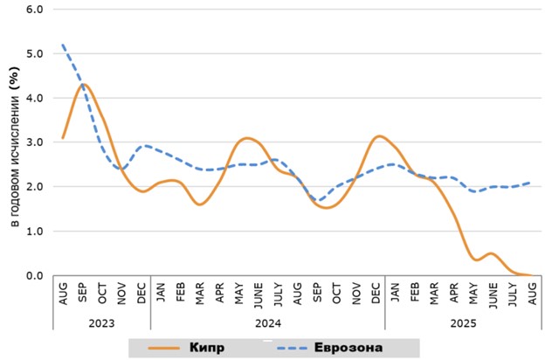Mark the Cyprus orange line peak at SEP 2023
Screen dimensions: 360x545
[83, 84]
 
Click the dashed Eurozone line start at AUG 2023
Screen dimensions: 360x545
[63, 45]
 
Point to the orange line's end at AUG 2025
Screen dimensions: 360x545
[531, 275]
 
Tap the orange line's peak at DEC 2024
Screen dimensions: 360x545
[377, 135]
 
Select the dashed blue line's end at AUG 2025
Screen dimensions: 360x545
[531, 183]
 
